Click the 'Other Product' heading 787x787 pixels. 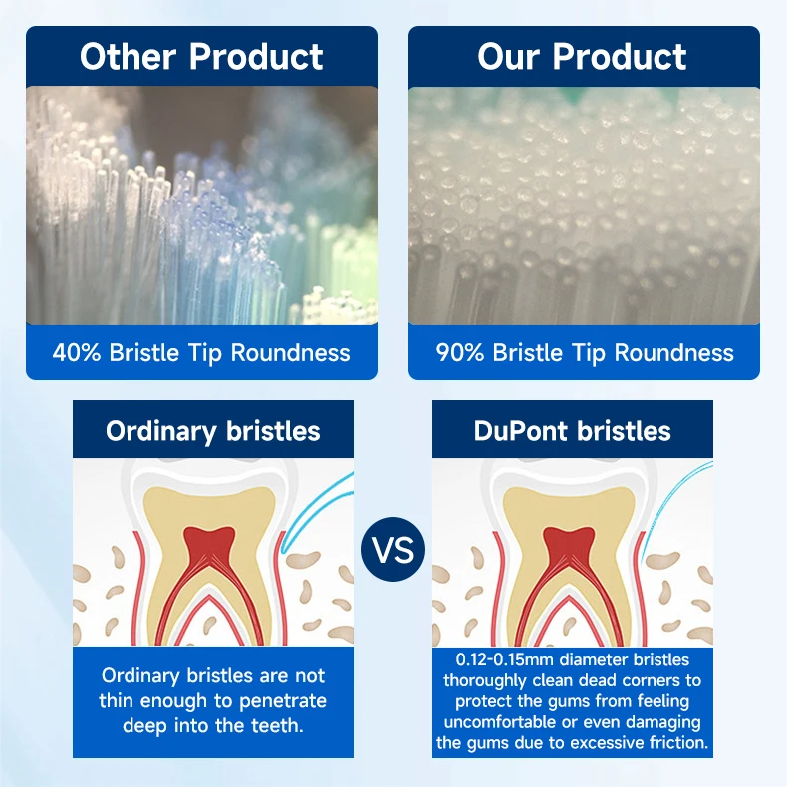click(201, 56)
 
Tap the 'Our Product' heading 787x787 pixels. click(583, 56)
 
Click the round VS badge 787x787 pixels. click(393, 549)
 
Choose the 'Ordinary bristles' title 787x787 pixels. click(213, 430)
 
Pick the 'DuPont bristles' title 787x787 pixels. click(573, 430)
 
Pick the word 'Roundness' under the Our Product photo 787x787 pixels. click(674, 352)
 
